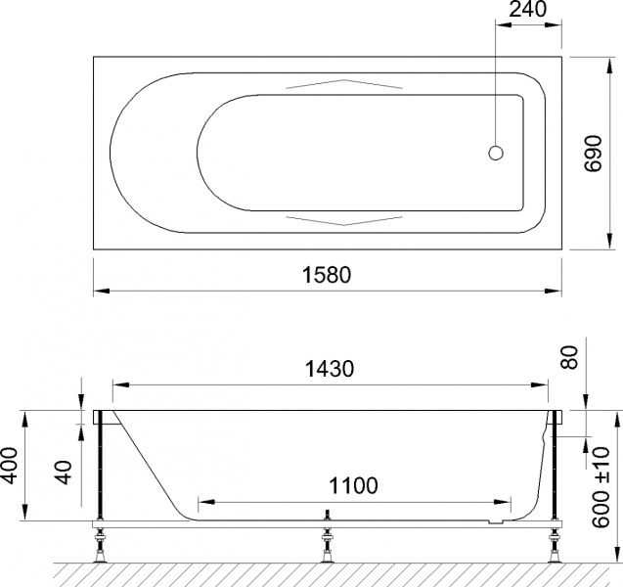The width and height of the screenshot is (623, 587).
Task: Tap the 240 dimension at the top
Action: [526, 11]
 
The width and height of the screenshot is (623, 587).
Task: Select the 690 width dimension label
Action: [591, 153]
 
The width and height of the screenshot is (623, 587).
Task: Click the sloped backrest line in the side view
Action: [147, 460]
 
